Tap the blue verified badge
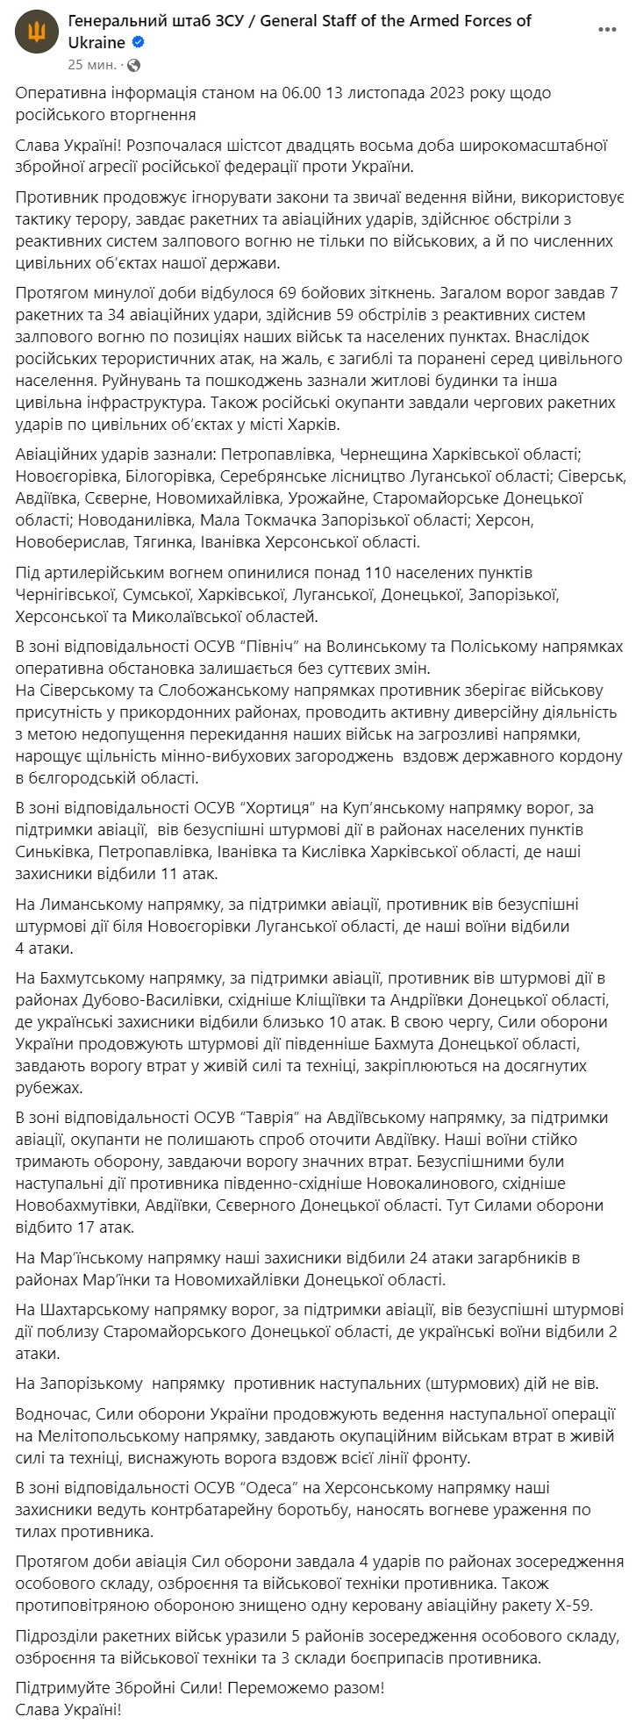pyautogui.click(x=139, y=42)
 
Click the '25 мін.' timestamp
pyautogui.click(x=89, y=65)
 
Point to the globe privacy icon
pyautogui.click(x=133, y=65)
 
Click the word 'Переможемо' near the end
pyautogui.click(x=275, y=1687)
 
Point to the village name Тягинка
pyautogui.click(x=171, y=541)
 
